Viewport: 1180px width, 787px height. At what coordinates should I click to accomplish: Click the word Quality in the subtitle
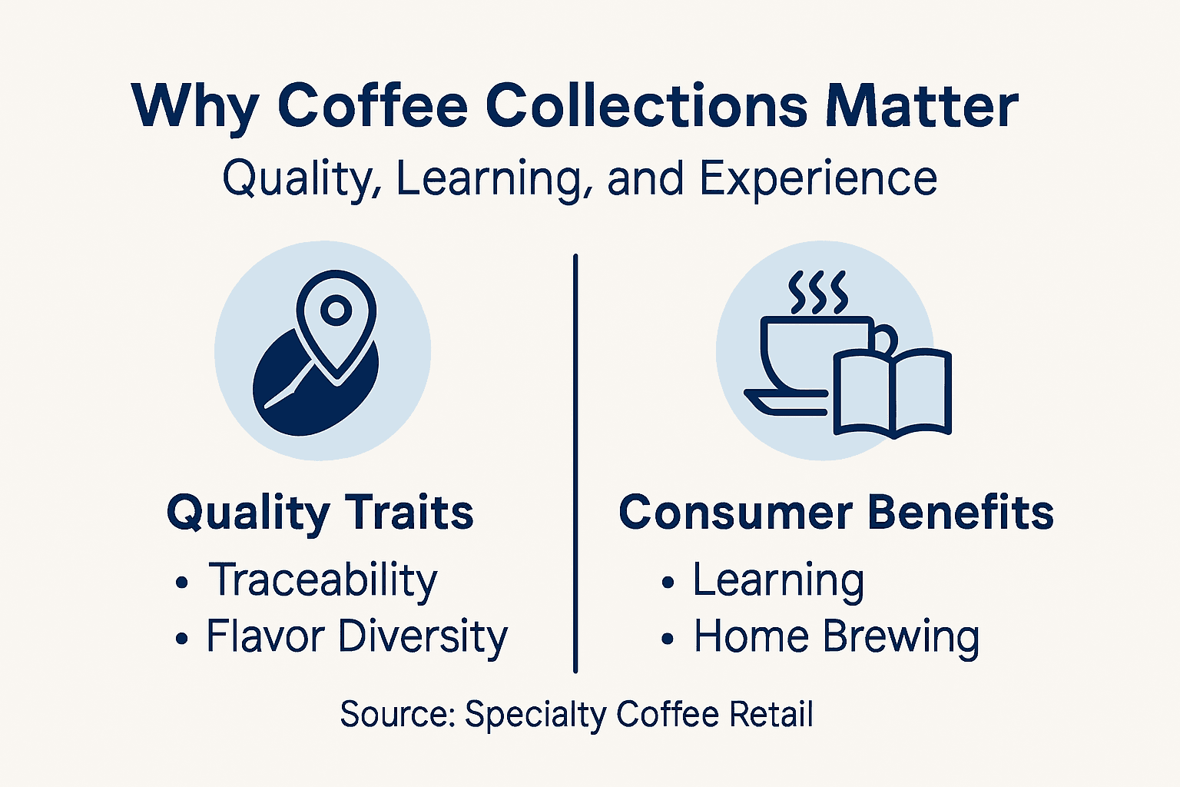tap(301, 179)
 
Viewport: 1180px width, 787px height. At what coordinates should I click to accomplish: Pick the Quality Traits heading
tap(320, 513)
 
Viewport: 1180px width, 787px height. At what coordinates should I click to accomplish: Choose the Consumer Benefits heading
tap(836, 513)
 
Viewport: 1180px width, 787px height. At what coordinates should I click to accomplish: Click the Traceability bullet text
tap(323, 580)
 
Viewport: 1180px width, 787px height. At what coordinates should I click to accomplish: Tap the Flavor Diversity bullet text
tap(356, 637)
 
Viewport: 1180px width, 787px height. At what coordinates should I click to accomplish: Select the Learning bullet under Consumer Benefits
tap(778, 580)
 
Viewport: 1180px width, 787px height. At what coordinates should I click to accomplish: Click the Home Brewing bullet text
tap(837, 637)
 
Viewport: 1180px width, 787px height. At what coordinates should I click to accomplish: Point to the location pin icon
tap(336, 323)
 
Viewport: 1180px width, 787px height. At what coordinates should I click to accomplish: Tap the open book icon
tap(893, 392)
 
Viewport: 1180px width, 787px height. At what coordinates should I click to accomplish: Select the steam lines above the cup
tap(818, 292)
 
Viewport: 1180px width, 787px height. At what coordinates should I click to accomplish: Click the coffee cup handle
tap(886, 338)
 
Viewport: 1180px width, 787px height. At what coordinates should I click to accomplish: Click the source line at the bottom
tap(576, 714)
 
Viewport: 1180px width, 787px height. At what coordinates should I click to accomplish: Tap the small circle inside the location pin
tap(336, 310)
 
